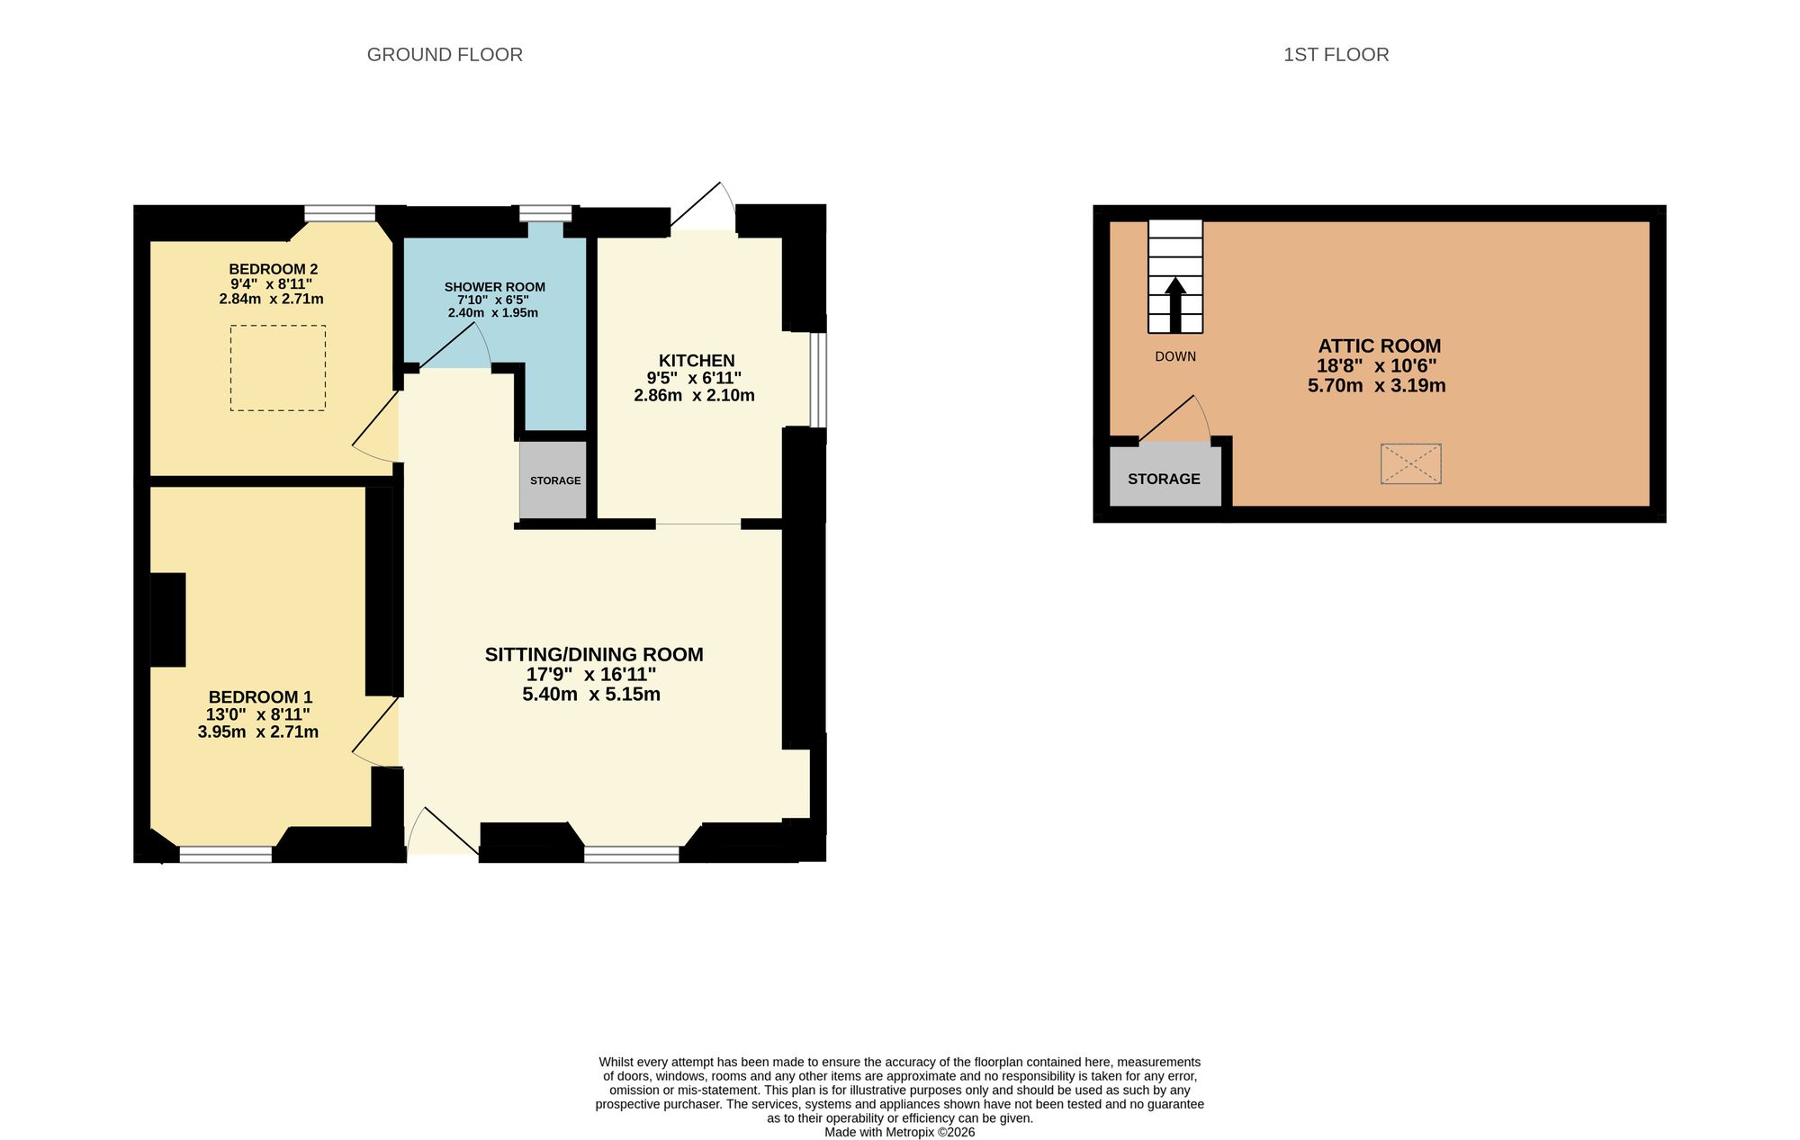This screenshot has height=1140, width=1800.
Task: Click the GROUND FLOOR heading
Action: click(x=445, y=55)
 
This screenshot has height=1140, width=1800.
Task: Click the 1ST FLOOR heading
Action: click(x=1336, y=55)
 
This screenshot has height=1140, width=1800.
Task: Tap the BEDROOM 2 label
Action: click(x=273, y=269)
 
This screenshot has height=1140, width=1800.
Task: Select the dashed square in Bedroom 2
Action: click(x=278, y=368)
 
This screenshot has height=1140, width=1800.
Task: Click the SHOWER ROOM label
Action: click(x=494, y=287)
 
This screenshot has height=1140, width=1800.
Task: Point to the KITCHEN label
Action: click(x=697, y=360)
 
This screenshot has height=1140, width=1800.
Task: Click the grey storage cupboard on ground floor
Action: click(x=553, y=480)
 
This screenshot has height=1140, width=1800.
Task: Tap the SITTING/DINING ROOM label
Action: click(x=594, y=654)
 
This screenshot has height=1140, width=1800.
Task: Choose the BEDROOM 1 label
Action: click(x=260, y=696)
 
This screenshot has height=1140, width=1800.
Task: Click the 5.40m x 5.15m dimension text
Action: click(x=591, y=694)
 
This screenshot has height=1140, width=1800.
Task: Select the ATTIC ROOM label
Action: click(x=1380, y=346)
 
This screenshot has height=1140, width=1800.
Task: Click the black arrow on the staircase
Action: click(x=1175, y=305)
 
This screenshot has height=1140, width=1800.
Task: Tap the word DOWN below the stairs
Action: click(x=1175, y=356)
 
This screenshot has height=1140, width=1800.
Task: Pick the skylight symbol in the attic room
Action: click(x=1411, y=464)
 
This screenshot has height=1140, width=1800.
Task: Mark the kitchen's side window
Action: click(x=818, y=380)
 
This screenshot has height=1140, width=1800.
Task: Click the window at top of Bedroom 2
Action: click(x=339, y=213)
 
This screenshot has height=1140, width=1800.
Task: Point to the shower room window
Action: click(x=545, y=213)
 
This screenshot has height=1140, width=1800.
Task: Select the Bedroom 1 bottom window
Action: click(x=226, y=854)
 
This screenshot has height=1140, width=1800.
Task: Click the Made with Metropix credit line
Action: click(x=900, y=1132)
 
